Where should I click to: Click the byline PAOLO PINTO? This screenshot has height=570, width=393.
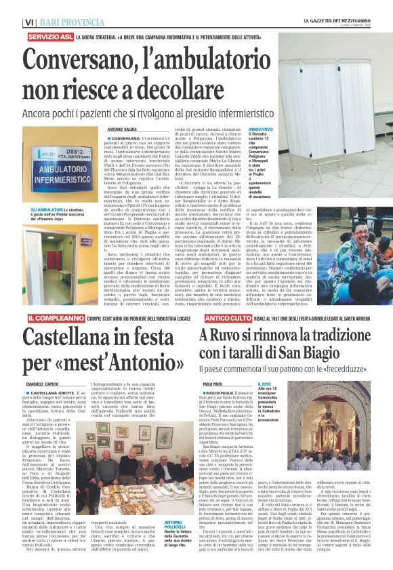[213, 384]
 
